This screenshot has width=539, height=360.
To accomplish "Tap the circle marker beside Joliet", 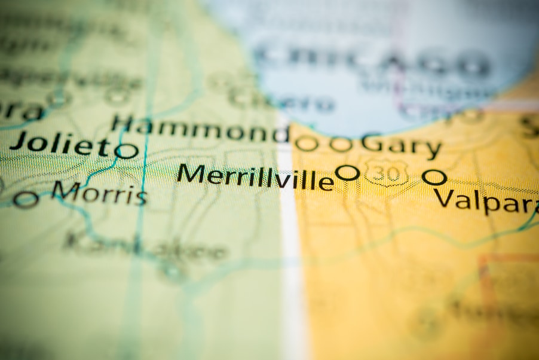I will [x=127, y=151].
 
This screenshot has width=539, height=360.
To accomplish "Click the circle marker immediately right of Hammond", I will [x=307, y=144].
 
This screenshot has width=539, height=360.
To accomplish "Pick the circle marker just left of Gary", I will [x=341, y=144].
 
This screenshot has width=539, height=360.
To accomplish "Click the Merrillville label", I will [x=255, y=176].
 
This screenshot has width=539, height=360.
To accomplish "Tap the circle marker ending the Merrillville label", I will [x=347, y=173].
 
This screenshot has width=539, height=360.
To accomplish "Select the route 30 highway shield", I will [x=387, y=172].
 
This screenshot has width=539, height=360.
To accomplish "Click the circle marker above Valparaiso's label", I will [x=434, y=176].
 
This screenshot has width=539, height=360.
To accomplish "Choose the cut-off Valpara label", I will [x=485, y=201].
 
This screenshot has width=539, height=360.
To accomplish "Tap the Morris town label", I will [x=99, y=193].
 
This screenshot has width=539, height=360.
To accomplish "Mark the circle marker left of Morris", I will [x=26, y=199].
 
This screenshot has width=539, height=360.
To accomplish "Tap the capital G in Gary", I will [x=372, y=144].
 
